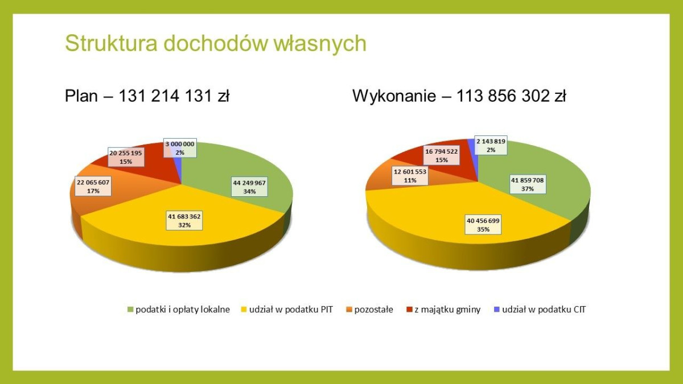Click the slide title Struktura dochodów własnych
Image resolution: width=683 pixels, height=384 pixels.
tap(216, 44)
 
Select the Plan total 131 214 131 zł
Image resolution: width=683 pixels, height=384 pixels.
tap(147, 96)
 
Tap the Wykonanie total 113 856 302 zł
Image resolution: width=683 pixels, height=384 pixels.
tap(459, 96)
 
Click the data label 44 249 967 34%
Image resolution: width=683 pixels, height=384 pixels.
tap(249, 187)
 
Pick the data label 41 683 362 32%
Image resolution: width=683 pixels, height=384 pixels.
tap(184, 221)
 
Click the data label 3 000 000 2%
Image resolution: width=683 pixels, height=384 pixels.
tap(180, 148)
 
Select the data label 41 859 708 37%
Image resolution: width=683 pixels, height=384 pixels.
tap(527, 184)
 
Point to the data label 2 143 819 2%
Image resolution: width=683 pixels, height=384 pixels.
tap(490, 146)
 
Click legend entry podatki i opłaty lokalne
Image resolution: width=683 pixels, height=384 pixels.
tap(182, 310)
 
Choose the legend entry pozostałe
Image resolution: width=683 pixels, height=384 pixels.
tap(373, 310)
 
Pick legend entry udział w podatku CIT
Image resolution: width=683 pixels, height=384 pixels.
tap(544, 310)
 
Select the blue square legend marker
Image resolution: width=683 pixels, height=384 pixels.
tap(496, 310)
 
